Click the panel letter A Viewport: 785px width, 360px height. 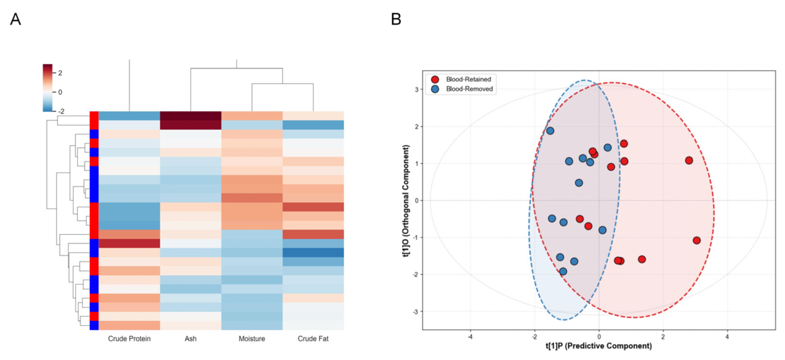[16, 19]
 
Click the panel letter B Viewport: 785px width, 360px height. [396, 19]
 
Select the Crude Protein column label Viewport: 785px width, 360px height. [129, 339]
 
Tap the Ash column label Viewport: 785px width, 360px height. [191, 339]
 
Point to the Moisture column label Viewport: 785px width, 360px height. [252, 339]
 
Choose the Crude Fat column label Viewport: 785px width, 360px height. [313, 339]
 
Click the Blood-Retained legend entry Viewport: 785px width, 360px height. [461, 79]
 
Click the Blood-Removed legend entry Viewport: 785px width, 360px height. [462, 89]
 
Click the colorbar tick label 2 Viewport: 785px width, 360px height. [60, 73]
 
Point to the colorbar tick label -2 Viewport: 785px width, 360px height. [61, 111]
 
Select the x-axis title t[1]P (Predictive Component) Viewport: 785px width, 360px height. [599, 346]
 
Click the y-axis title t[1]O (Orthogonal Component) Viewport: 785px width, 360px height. [406, 201]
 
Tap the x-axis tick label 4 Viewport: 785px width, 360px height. [727, 337]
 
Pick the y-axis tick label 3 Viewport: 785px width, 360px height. [416, 90]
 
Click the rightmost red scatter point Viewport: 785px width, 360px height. [696, 240]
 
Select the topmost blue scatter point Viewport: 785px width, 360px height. [550, 131]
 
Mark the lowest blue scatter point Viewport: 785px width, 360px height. [563, 271]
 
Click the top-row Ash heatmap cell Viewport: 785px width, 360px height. [191, 116]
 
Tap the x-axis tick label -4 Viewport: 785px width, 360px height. [470, 337]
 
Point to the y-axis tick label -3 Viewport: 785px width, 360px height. [415, 312]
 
